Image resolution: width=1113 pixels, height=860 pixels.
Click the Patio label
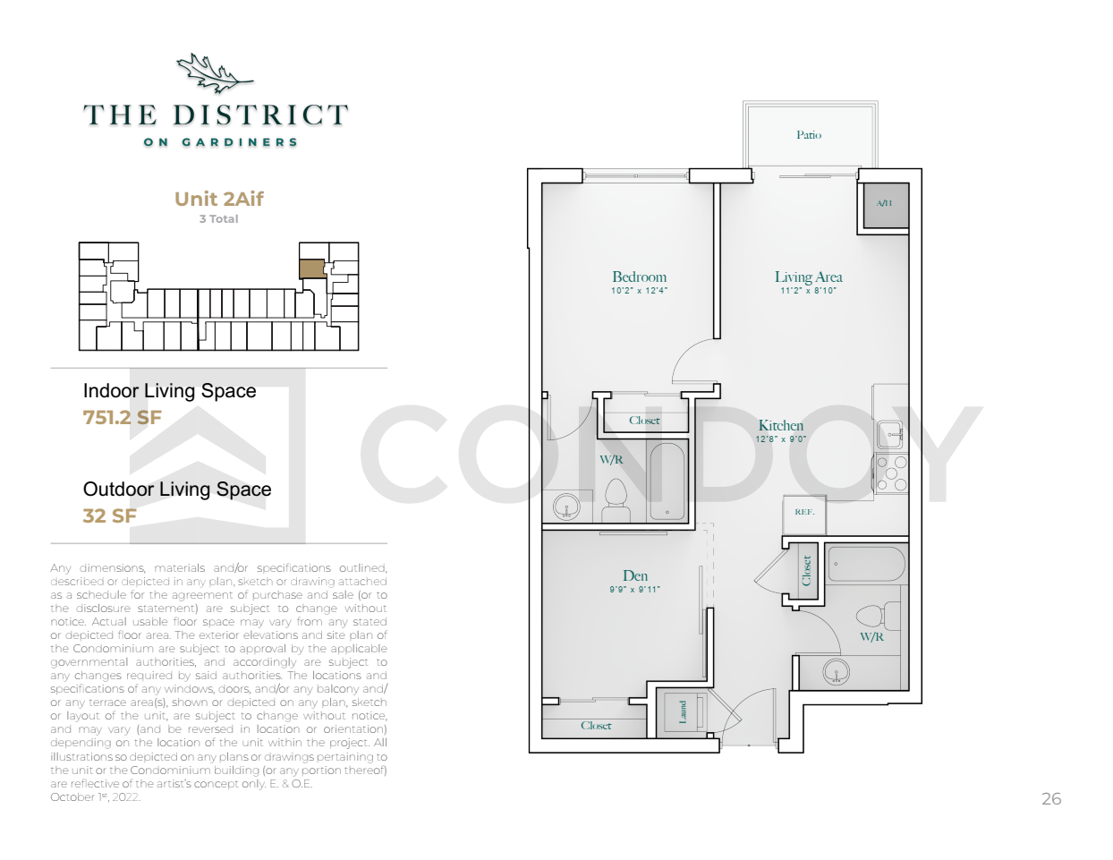[809, 135]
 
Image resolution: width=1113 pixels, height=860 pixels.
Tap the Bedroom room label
[639, 277]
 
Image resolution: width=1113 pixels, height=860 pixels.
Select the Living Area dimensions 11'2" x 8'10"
[808, 291]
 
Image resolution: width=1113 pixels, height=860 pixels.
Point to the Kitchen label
[780, 426]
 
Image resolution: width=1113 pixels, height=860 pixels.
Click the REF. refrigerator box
[804, 514]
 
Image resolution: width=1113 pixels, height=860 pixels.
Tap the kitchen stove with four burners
[891, 473]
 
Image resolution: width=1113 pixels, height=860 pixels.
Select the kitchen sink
[890, 434]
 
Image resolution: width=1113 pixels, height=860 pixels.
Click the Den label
[635, 575]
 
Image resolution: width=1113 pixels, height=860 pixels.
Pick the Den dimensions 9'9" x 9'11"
[634, 590]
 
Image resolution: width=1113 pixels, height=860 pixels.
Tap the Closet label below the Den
[596, 726]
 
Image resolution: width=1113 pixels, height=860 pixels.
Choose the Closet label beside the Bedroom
[644, 421]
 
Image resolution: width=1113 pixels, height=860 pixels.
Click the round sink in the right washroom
[836, 671]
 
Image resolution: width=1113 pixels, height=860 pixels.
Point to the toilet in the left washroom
[616, 500]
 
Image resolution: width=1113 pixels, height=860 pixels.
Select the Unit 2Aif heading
[218, 199]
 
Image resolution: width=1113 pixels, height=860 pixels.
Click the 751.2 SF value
[122, 417]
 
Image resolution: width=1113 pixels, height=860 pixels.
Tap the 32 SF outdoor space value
[110, 515]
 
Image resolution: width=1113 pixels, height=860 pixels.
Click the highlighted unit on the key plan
[312, 268]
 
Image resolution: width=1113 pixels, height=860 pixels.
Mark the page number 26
[1051, 798]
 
